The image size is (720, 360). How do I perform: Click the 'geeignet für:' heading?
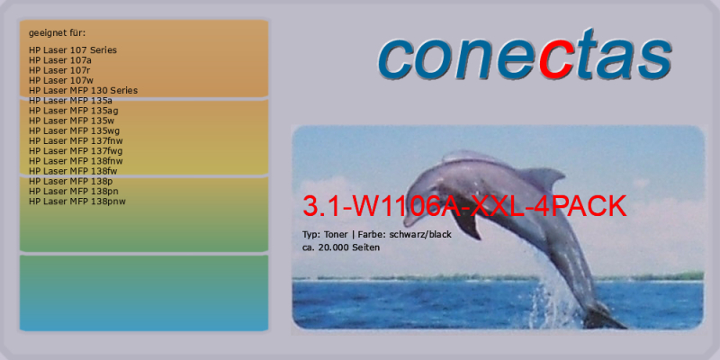(x=57, y=33)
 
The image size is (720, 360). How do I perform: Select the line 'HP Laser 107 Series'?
(x=73, y=50)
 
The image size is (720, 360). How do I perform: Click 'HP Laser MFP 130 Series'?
(x=83, y=91)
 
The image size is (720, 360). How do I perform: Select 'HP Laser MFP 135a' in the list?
(x=70, y=101)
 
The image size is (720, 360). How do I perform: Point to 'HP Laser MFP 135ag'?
(x=74, y=111)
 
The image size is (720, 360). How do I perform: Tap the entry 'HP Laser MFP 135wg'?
(x=75, y=130)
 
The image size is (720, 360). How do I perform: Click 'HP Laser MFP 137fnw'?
(x=76, y=140)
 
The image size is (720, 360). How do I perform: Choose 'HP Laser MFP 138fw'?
(x=73, y=171)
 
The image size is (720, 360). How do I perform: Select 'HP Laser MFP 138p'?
(x=70, y=181)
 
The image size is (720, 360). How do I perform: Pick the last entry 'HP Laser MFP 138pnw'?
(x=77, y=201)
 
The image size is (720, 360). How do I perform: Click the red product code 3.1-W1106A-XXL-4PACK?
(x=464, y=207)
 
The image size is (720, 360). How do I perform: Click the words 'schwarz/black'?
(x=420, y=235)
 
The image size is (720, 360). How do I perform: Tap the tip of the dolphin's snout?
(x=405, y=223)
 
